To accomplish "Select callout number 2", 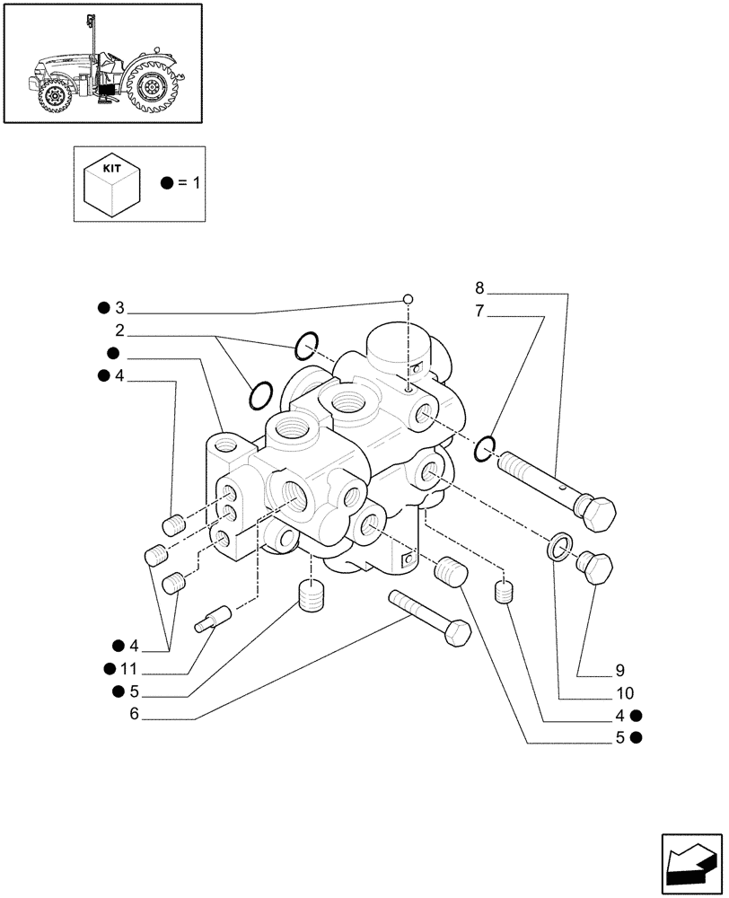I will pyautogui.click(x=119, y=330).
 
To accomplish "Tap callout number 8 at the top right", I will pyautogui.click(x=479, y=288).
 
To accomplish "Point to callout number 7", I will pyautogui.click(x=479, y=312).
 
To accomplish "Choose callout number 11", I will pyautogui.click(x=129, y=668).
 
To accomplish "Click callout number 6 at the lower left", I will pyautogui.click(x=135, y=714).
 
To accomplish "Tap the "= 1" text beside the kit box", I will pyautogui.click(x=191, y=183).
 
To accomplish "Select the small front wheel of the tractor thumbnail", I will pyautogui.click(x=56, y=97).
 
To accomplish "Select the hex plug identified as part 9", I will pyautogui.click(x=595, y=568).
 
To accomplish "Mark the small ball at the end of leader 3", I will pyautogui.click(x=408, y=300).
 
